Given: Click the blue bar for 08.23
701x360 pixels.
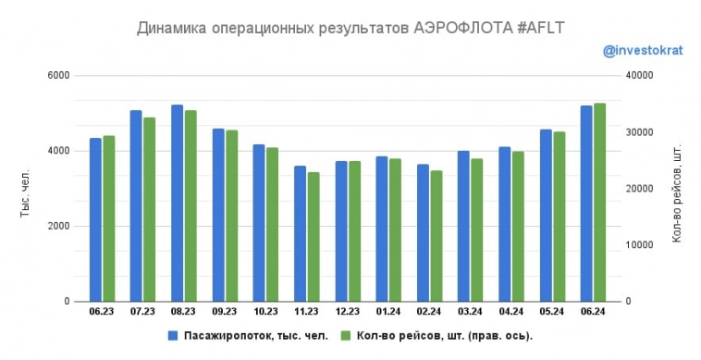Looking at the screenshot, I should [177, 204].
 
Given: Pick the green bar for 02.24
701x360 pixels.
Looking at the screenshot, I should [437, 236].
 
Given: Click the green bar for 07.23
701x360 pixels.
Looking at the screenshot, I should [149, 209].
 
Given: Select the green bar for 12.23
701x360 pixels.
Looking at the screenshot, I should [354, 231].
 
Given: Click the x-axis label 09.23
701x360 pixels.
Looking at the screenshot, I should [225, 312].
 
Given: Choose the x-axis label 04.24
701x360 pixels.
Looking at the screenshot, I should [511, 312].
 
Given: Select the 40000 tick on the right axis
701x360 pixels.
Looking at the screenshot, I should [640, 75].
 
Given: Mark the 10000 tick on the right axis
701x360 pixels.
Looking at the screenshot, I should [640, 245].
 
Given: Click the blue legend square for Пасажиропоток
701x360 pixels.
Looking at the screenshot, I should [172, 335].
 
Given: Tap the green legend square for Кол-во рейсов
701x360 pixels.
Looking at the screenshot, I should [347, 335].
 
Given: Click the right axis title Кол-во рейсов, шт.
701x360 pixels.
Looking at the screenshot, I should [677, 193].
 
